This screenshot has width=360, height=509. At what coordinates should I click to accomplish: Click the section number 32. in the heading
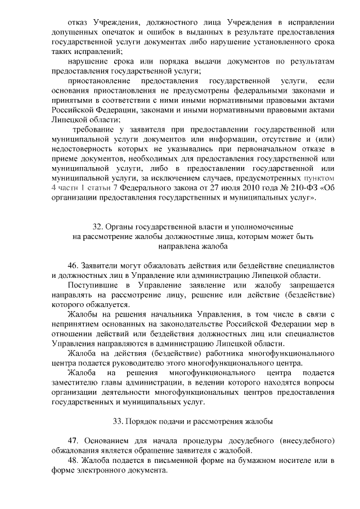pyautogui.click(x=98, y=227)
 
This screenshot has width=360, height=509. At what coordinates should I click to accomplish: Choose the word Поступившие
pyautogui.click(x=91, y=285)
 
